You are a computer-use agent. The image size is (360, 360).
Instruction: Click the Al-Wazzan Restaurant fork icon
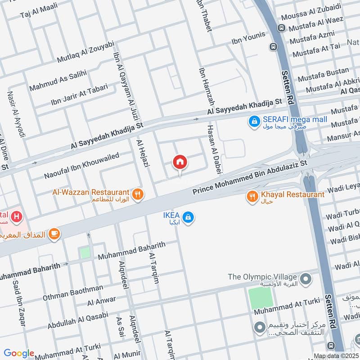(139, 194)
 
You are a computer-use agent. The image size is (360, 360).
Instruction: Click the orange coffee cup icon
(54, 233)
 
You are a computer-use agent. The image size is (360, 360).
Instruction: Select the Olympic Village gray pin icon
(306, 278)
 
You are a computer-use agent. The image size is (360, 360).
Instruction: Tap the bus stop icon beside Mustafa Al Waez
(282, 28)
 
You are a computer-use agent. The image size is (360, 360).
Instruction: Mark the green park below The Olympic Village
(261, 298)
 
